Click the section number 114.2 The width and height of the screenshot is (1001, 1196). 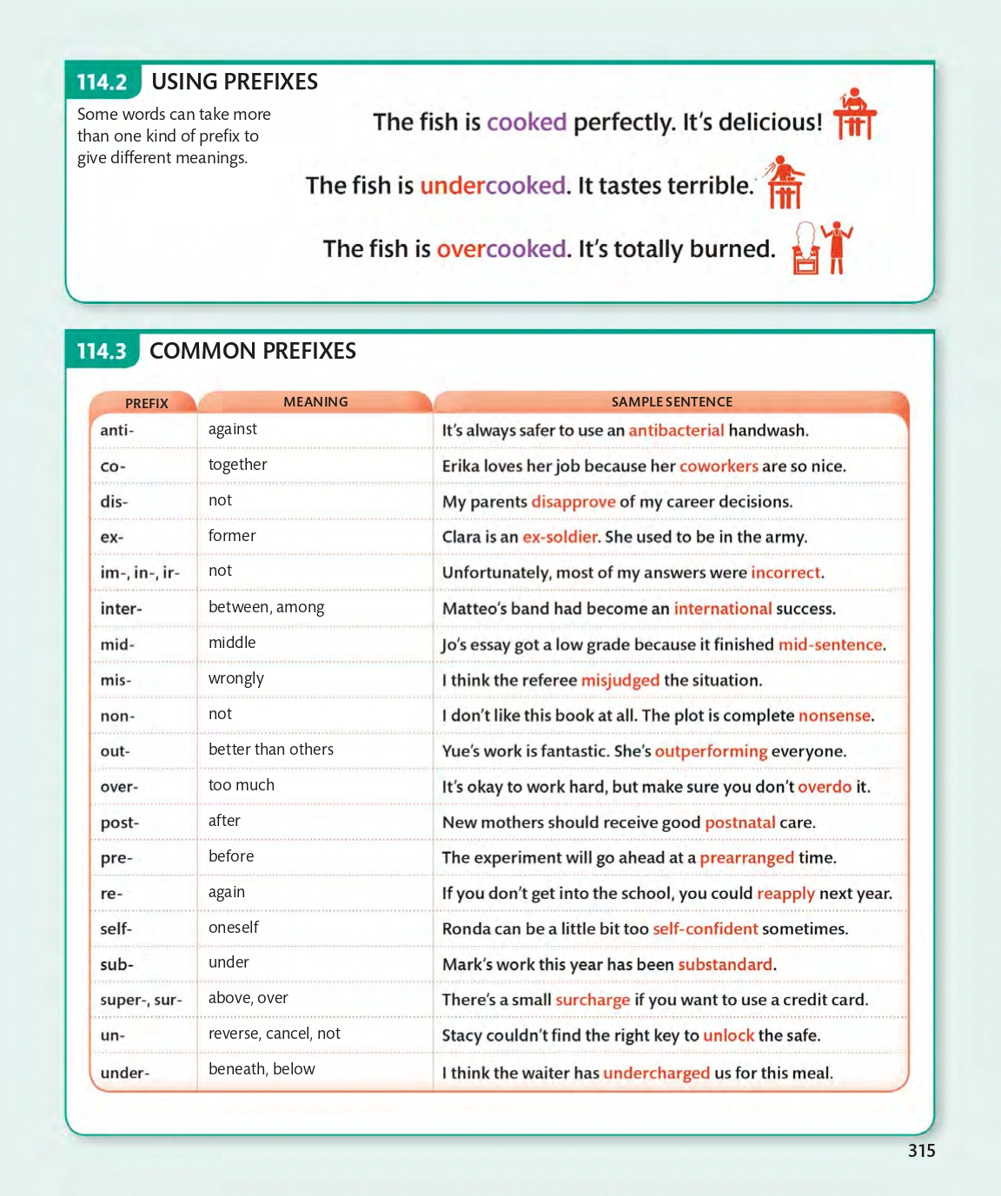coord(102,83)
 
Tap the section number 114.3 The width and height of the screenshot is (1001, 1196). coord(102,352)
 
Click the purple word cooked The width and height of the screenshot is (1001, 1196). coord(527,122)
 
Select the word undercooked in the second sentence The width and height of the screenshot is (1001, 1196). coord(493,186)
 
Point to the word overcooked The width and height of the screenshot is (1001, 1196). coord(501,249)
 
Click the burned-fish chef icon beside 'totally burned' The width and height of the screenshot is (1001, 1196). coord(821,248)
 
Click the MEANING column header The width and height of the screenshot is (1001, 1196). coord(315,402)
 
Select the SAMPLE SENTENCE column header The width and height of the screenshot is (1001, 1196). coord(672,402)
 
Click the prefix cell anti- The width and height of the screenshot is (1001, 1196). coord(117,430)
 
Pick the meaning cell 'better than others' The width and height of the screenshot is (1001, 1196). coord(271,750)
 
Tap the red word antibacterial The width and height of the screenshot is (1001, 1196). coord(676,430)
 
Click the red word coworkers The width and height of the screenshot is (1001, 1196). coord(719,466)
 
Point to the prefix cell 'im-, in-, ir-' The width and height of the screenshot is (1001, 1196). coord(140,572)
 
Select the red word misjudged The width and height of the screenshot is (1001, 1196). coord(620,680)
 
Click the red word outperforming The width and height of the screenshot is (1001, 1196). coord(711,751)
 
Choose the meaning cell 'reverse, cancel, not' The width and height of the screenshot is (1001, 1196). coord(275,1034)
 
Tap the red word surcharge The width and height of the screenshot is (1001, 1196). coord(593,1000)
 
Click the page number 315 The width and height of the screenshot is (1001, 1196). coord(921,1151)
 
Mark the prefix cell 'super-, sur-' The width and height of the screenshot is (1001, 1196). coord(141,1000)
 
